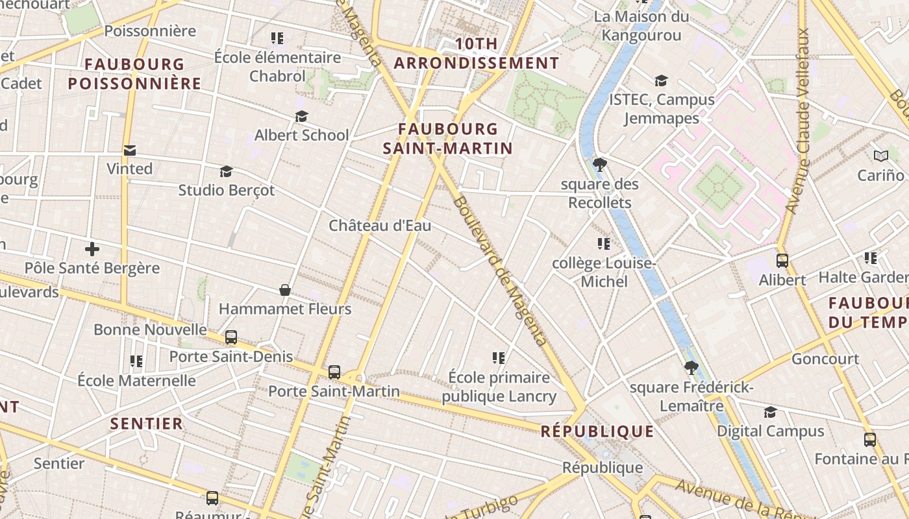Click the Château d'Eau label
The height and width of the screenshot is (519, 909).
[x=380, y=226]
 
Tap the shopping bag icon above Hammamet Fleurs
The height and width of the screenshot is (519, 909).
[x=284, y=289]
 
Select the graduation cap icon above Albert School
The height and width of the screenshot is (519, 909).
[x=301, y=116]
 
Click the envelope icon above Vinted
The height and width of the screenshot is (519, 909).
[x=130, y=151]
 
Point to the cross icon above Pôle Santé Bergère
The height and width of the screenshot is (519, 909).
[x=92, y=249]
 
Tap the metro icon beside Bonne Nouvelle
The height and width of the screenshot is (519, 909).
[x=230, y=337]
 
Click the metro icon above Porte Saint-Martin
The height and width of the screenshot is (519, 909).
[x=334, y=372]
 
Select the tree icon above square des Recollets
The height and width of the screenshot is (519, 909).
[x=600, y=164]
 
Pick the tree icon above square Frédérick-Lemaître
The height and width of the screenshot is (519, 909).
[x=691, y=368]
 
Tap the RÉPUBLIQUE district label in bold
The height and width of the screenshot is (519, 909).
[x=597, y=431]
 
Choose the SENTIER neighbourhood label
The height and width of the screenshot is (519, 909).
[x=147, y=424]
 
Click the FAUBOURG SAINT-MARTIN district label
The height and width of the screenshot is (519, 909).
[x=448, y=139]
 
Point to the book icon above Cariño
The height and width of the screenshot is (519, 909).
[x=880, y=156]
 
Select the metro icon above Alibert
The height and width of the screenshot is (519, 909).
[x=782, y=261]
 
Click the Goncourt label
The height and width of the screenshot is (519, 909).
[x=825, y=359]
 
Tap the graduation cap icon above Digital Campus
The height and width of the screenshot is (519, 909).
[x=770, y=412]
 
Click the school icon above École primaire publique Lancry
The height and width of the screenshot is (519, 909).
[x=499, y=357]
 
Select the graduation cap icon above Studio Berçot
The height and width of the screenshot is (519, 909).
[x=226, y=171]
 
